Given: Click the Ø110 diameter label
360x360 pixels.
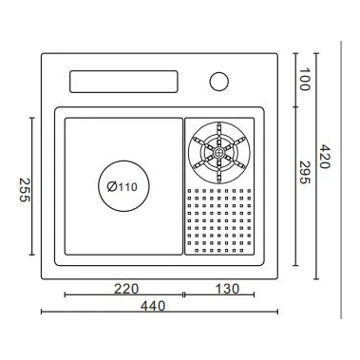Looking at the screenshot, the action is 123,186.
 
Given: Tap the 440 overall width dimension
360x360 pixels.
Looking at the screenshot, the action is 153,306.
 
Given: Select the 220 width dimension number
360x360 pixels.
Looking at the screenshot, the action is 126,289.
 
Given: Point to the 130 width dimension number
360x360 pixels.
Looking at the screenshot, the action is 227,289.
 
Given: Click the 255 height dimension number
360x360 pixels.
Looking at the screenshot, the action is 25,190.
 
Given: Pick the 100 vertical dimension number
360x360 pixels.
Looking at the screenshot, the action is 304,79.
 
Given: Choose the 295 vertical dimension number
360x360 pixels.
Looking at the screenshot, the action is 305,173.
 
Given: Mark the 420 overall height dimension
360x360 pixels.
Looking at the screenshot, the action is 324,157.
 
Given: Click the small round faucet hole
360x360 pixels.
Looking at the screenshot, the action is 219,82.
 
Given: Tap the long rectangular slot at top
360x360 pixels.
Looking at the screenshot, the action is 123,82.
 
